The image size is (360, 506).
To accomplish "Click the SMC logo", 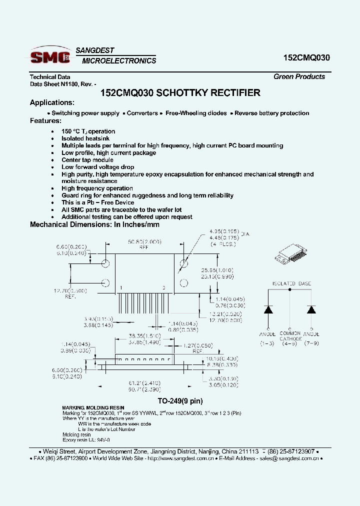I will (x=50, y=57).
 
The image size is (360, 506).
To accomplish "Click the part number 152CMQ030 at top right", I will (x=303, y=57).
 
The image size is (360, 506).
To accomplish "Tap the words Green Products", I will (x=299, y=76).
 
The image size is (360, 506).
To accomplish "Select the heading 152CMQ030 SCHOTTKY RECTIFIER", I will (x=180, y=93).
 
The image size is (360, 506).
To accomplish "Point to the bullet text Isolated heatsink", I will (x=85, y=138).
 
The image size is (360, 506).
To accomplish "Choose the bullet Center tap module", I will (x=87, y=160).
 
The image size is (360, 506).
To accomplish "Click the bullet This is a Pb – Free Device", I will (x=98, y=202).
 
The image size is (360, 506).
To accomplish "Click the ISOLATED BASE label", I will (x=291, y=283).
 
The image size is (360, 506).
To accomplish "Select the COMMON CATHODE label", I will (x=290, y=336).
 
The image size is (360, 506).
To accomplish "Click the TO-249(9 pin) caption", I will (x=180, y=401).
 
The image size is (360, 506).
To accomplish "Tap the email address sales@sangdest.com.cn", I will (x=288, y=458).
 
